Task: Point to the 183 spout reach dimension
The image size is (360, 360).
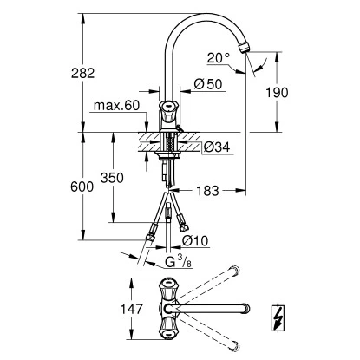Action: click(206, 188)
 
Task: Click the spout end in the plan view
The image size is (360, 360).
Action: click(247, 307)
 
